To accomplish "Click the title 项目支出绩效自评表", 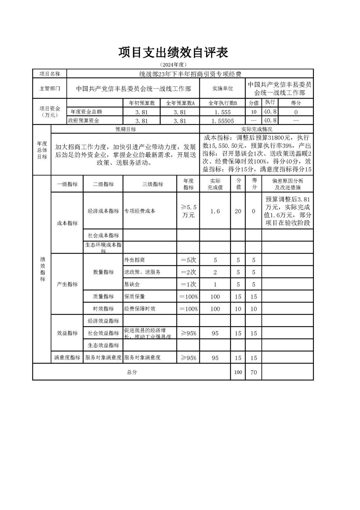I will [x=173, y=52].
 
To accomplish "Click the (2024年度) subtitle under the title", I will [x=173, y=65].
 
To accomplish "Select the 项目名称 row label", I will [x=49, y=74].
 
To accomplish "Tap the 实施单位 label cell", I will [x=223, y=89].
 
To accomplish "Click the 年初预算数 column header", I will [x=142, y=103].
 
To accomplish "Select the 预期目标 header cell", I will [x=126, y=129].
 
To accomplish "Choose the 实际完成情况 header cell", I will [x=257, y=129].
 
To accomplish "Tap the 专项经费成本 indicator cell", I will [x=140, y=211].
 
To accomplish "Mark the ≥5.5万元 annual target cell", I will [x=188, y=211].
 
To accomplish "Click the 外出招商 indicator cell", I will [x=134, y=260].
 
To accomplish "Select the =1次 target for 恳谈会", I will [x=188, y=285].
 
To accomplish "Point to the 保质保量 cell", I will [x=135, y=297].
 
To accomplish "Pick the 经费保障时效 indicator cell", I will [x=140, y=309].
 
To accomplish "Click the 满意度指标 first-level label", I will [x=67, y=358].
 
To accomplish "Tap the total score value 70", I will [x=254, y=373].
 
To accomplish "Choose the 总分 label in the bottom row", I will [x=132, y=373].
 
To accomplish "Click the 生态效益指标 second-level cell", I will [x=103, y=346].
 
